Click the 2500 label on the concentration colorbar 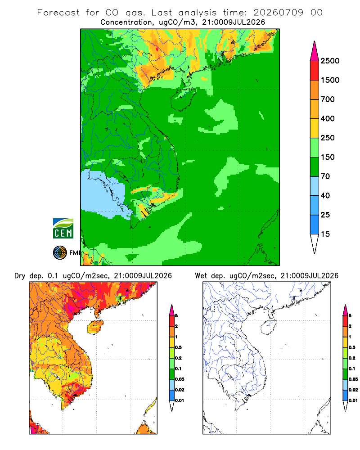(x=330, y=61)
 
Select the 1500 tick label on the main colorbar (x=330, y=80)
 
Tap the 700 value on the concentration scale (x=328, y=99)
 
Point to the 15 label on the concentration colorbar (x=325, y=234)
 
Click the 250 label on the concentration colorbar (x=328, y=138)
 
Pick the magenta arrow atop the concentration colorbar (x=315, y=51)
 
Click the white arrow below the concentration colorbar (x=315, y=243)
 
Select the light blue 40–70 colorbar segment (x=315, y=186)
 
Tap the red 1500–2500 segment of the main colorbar (x=315, y=70)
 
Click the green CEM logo (x=63, y=228)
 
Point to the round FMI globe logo (x=60, y=252)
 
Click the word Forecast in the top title (x=58, y=13)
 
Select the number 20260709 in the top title (x=278, y=13)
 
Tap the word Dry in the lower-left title (x=20, y=276)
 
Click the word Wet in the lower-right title (x=201, y=275)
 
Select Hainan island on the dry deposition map (x=95, y=327)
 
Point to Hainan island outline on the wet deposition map (x=269, y=327)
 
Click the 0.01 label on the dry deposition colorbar (x=180, y=400)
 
